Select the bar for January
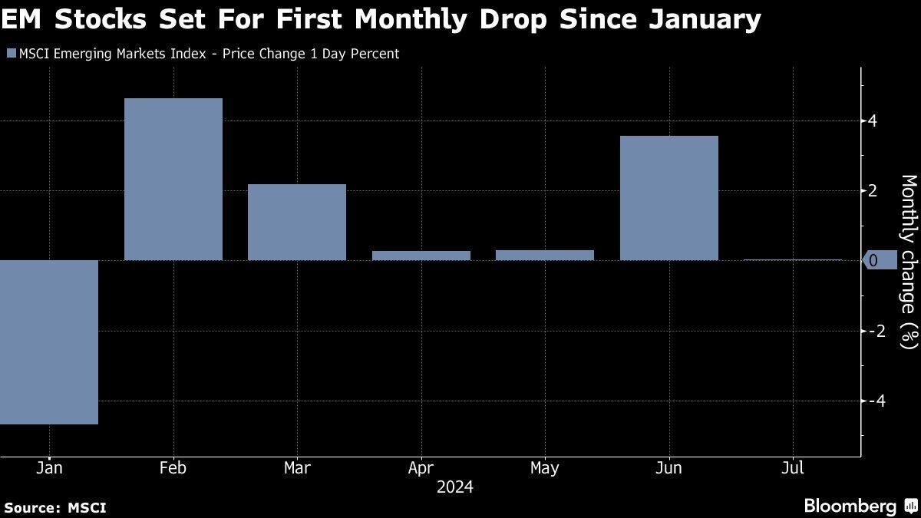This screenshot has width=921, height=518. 49,341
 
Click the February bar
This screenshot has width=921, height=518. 173,179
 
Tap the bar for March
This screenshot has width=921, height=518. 297,222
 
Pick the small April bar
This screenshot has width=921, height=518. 421,256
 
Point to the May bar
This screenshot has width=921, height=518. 545,255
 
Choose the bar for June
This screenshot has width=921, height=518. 668,198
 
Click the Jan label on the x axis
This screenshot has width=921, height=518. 49,468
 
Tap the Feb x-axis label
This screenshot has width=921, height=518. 173,468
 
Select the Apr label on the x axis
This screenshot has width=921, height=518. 421,468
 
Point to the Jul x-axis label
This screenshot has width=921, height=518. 793,468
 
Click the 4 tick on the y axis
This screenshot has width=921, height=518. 873,120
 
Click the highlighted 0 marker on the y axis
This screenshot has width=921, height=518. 880,261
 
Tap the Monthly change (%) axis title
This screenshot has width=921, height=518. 908,262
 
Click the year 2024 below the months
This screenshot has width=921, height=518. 454,487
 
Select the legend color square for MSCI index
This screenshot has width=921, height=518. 10,54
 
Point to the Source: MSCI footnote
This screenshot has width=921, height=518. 54,507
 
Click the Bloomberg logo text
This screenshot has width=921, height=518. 850,506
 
